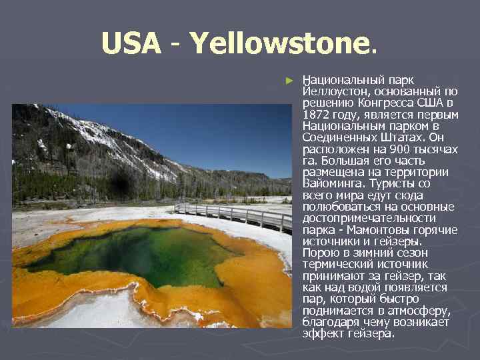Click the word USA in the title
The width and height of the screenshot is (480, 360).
pos(131,45)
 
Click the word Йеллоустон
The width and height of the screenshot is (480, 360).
pos(337,91)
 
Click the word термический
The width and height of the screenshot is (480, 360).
pos(338,264)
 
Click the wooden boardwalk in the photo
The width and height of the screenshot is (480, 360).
pos(233,214)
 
